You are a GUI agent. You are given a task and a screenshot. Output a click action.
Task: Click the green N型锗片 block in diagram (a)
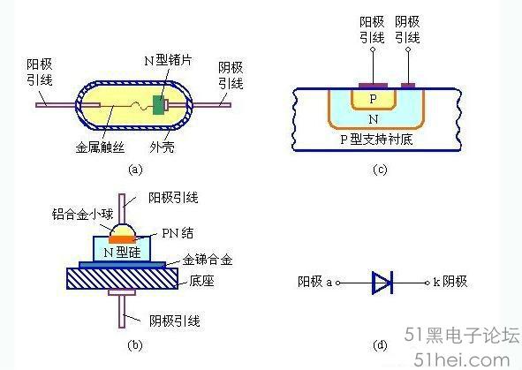pyautogui.click(x=159, y=105)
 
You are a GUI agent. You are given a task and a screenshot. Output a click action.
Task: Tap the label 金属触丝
pyautogui.click(x=100, y=147)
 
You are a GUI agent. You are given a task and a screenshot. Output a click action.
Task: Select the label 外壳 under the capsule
pyautogui.click(x=162, y=147)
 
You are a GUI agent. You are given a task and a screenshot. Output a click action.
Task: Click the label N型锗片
pyautogui.click(x=169, y=60)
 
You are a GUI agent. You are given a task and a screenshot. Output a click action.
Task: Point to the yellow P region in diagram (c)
pyautogui.click(x=374, y=99)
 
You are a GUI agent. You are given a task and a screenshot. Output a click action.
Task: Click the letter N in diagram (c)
pyautogui.click(x=374, y=119)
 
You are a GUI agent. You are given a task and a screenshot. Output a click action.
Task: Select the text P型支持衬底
pyautogui.click(x=376, y=140)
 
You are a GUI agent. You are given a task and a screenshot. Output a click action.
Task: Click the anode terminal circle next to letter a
pyautogui.click(x=337, y=283)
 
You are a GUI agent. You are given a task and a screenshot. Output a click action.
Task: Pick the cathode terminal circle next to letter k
pyautogui.click(x=427, y=283)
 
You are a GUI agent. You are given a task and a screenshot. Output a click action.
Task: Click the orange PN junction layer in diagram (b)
pyautogui.click(x=122, y=239)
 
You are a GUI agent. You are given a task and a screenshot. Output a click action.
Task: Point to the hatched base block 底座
pyautogui.click(x=122, y=278)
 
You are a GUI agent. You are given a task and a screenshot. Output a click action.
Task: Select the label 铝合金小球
pyautogui.click(x=82, y=214)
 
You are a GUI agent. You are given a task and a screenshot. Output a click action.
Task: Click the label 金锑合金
pyautogui.click(x=207, y=260)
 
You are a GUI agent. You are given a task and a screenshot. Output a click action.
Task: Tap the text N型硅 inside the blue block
pyautogui.click(x=122, y=253)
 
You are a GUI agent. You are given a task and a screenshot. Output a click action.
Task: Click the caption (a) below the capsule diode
pyautogui.click(x=135, y=170)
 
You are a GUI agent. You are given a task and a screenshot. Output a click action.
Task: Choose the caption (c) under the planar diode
pyautogui.click(x=380, y=170)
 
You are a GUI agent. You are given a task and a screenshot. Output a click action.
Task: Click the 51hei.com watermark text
pyautogui.click(x=462, y=360)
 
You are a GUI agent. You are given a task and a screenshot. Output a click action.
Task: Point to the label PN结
pyautogui.click(x=178, y=233)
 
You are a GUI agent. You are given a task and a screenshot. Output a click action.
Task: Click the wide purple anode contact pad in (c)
pyautogui.click(x=374, y=86)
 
